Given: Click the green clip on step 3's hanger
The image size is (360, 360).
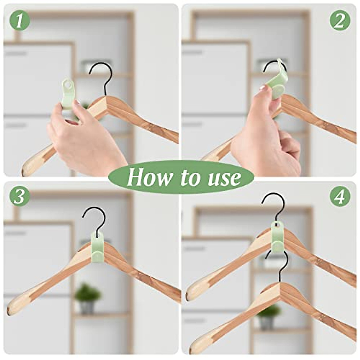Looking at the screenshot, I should [x=97, y=247].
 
